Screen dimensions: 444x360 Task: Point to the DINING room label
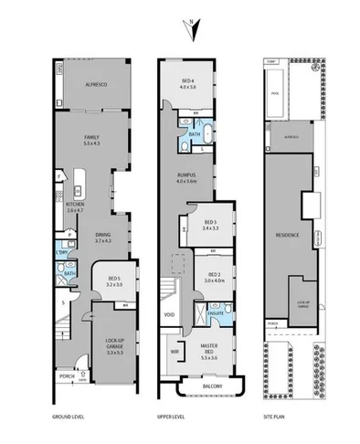pyautogui.click(x=103, y=238)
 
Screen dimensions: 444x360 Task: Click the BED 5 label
pyautogui.click(x=113, y=281)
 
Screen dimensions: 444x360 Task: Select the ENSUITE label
pyautogui.click(x=218, y=313)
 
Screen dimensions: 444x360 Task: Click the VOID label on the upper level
pyautogui.click(x=170, y=315)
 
